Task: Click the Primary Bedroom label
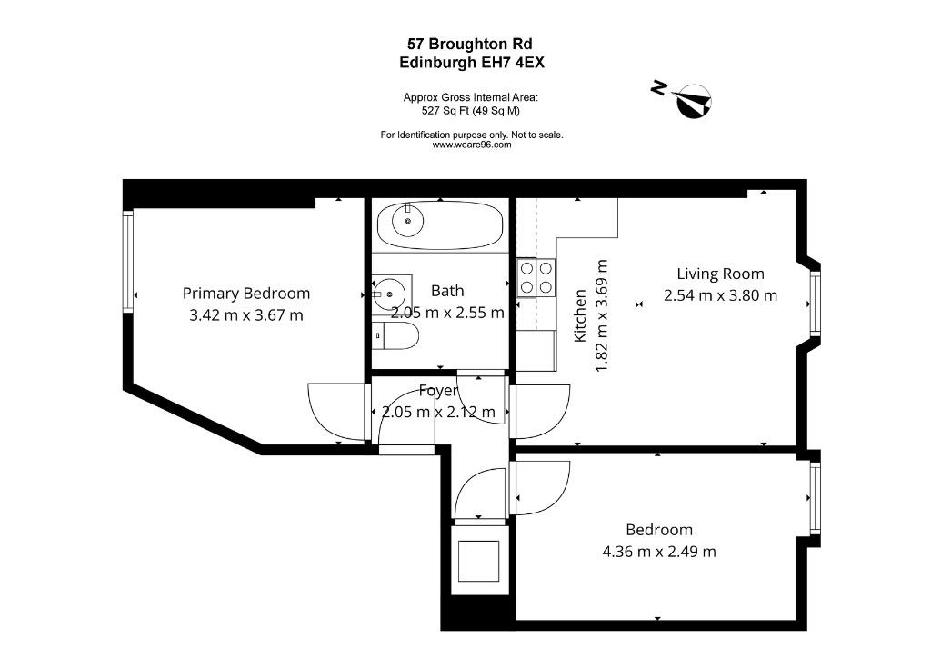point(245,294)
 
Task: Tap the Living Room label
point(720,274)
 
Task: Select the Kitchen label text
point(580,315)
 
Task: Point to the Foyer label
point(439,391)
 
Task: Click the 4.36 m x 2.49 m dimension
point(659,551)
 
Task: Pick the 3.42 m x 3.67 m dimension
point(245,315)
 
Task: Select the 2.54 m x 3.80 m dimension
point(720,294)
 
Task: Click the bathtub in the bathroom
point(440,225)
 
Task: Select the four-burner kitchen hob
point(536,278)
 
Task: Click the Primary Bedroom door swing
point(336,413)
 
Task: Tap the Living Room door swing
point(540,413)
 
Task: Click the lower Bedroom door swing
point(540,488)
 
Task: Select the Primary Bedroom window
point(127,261)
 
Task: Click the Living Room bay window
point(816,304)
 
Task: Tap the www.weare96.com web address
point(472,145)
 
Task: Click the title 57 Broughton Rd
point(470,44)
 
